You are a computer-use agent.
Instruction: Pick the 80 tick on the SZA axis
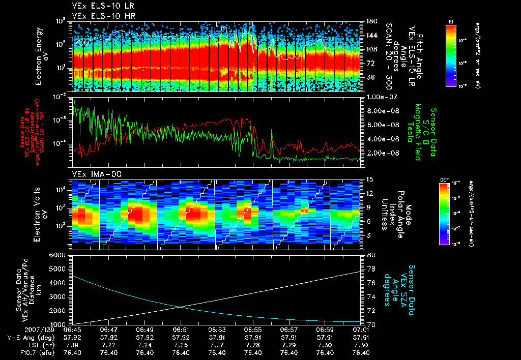tap(370, 255)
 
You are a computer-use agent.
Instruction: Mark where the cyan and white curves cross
tap(181, 306)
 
